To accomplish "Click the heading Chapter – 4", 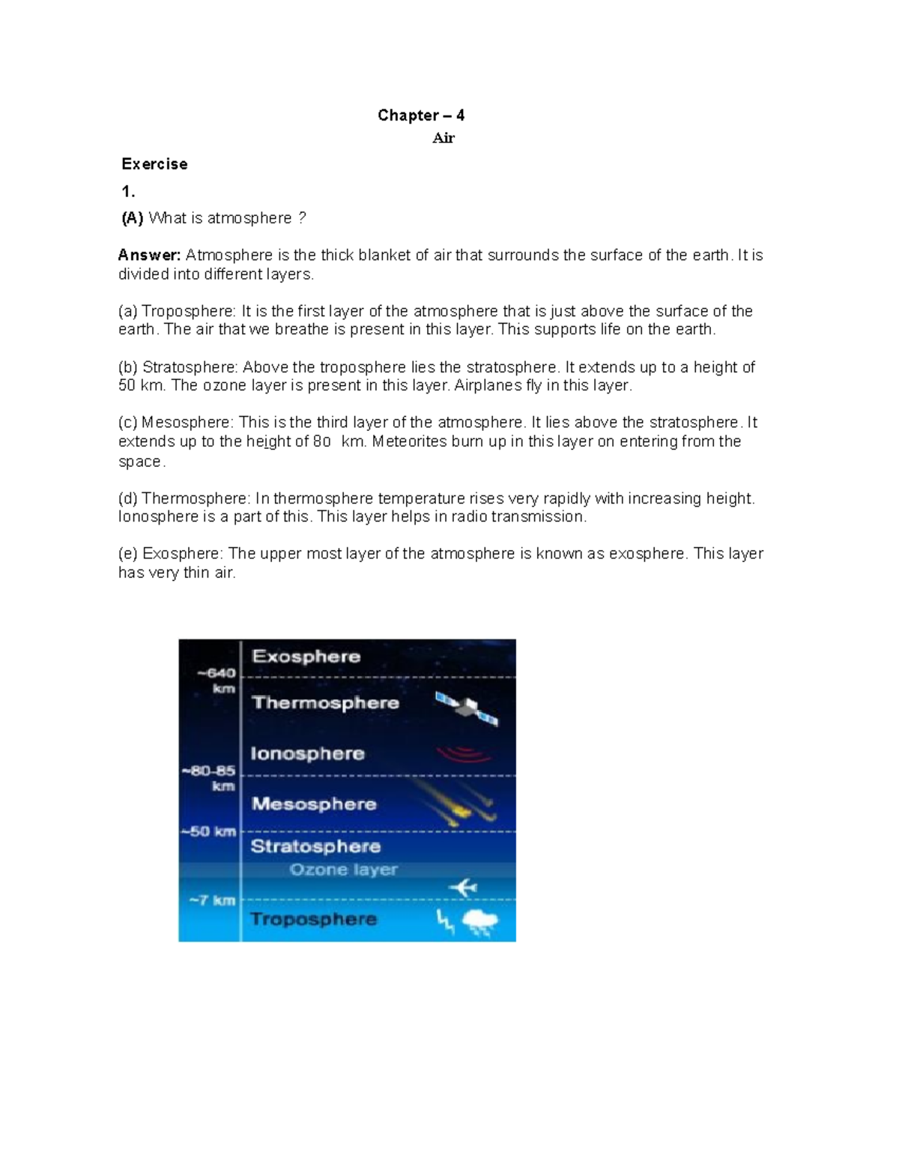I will [420, 115].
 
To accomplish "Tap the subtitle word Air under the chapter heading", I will [444, 138].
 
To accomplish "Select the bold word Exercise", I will [154, 164].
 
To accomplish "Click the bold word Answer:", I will [149, 256].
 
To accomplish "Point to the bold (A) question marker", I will [133, 218].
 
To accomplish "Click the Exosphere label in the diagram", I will [306, 657].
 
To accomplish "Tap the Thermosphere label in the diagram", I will [325, 703].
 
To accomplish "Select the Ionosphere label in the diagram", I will [307, 753].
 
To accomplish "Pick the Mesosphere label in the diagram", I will [314, 804].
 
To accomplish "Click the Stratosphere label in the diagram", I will [315, 847].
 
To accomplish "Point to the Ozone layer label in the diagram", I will [343, 870].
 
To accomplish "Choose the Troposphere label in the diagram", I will [313, 920].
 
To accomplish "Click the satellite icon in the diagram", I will [467, 708].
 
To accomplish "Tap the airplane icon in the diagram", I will [463, 888].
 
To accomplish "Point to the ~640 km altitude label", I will [217, 681].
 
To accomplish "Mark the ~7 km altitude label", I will [213, 900].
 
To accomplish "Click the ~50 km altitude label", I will [209, 832].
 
